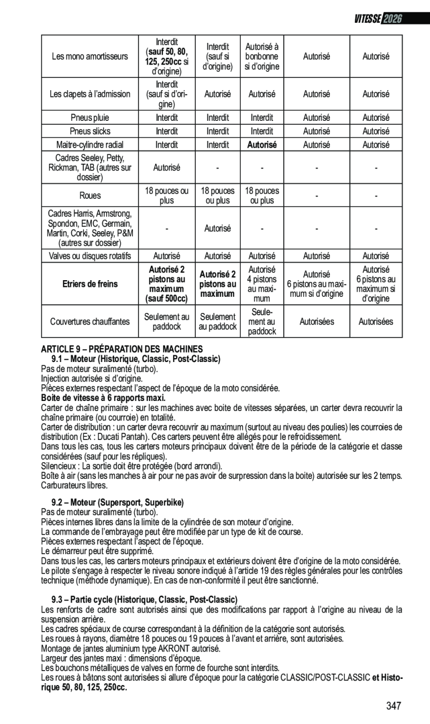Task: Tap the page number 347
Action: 393,706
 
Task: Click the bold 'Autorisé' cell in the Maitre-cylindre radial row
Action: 261,145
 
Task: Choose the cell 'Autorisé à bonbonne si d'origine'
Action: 261,57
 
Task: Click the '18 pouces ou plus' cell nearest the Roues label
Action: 166,195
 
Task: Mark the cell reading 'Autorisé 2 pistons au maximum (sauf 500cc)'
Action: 166,284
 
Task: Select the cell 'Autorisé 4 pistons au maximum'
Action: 261,284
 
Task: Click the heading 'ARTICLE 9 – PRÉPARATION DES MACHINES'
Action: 122,349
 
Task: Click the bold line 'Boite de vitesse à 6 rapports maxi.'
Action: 103,398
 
